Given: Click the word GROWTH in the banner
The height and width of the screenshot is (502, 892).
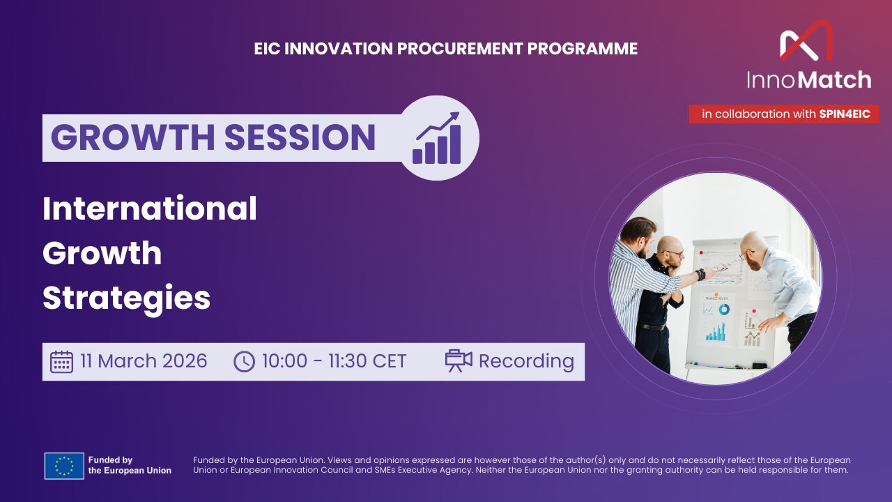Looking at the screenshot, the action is (132, 137).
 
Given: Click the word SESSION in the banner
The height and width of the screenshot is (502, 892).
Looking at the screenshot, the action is (300, 137).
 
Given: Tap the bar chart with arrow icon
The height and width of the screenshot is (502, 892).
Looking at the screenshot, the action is (437, 138).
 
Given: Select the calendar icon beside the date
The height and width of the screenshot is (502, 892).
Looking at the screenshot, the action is (62, 362).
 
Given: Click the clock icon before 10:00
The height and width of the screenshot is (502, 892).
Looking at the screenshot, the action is (244, 362).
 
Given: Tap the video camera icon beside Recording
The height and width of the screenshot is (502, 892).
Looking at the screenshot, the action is (459, 360).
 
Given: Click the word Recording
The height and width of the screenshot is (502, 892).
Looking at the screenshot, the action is (526, 362).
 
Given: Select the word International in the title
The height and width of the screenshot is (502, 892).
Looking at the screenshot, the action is (150, 208).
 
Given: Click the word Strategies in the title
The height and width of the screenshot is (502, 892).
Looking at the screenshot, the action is (127, 298).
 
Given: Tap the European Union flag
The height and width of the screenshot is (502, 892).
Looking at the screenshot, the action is (64, 466).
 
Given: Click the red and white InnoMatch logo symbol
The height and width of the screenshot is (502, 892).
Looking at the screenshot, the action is (806, 40).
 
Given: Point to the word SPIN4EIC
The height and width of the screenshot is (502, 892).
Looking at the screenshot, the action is (845, 114).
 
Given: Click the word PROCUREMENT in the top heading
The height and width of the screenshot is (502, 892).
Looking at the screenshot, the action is (459, 49).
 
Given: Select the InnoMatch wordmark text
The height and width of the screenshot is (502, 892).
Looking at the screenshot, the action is (809, 79).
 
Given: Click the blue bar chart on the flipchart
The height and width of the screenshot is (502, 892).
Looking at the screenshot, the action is (716, 331).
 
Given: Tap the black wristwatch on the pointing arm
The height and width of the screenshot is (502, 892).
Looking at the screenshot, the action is (700, 274).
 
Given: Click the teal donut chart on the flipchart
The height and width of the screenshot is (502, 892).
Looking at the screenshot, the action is (724, 309).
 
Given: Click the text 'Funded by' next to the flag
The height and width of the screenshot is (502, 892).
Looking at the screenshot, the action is (110, 460).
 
